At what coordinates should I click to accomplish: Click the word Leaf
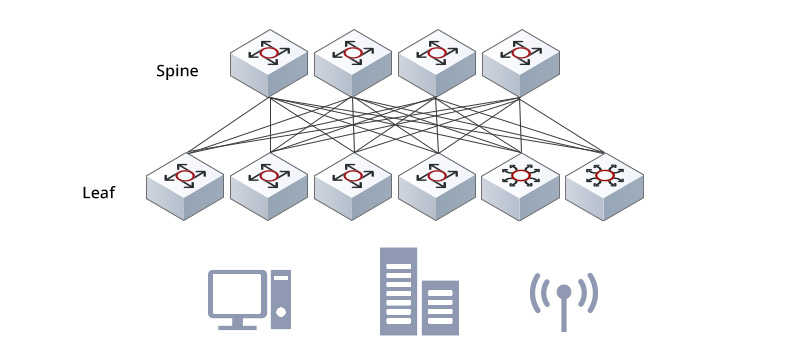pos(99,191)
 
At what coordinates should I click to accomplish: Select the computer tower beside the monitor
pos(281,297)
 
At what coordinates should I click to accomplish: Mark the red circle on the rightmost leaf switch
pos(604,176)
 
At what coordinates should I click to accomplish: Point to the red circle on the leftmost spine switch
pos(268,52)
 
